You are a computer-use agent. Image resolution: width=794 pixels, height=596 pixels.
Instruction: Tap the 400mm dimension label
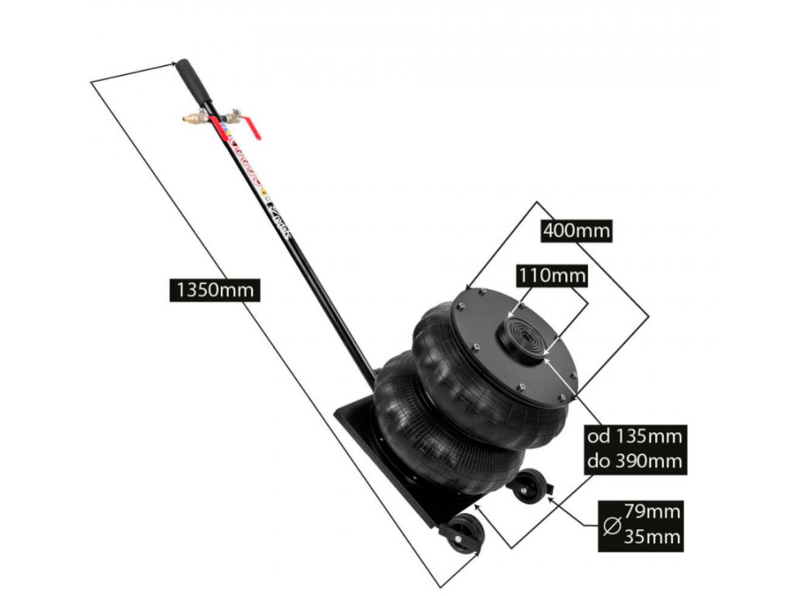pos(576,230)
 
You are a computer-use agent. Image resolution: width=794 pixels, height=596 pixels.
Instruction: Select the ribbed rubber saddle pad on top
pos(523,338)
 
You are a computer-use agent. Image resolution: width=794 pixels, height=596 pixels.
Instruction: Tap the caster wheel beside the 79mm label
pos(530,487)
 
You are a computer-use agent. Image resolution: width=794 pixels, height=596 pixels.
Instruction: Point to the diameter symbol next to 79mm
pos(611,525)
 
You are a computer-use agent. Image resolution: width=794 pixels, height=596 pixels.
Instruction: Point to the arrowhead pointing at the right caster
pos(551,497)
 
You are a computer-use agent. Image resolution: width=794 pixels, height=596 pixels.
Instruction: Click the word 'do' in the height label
pos(599,461)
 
